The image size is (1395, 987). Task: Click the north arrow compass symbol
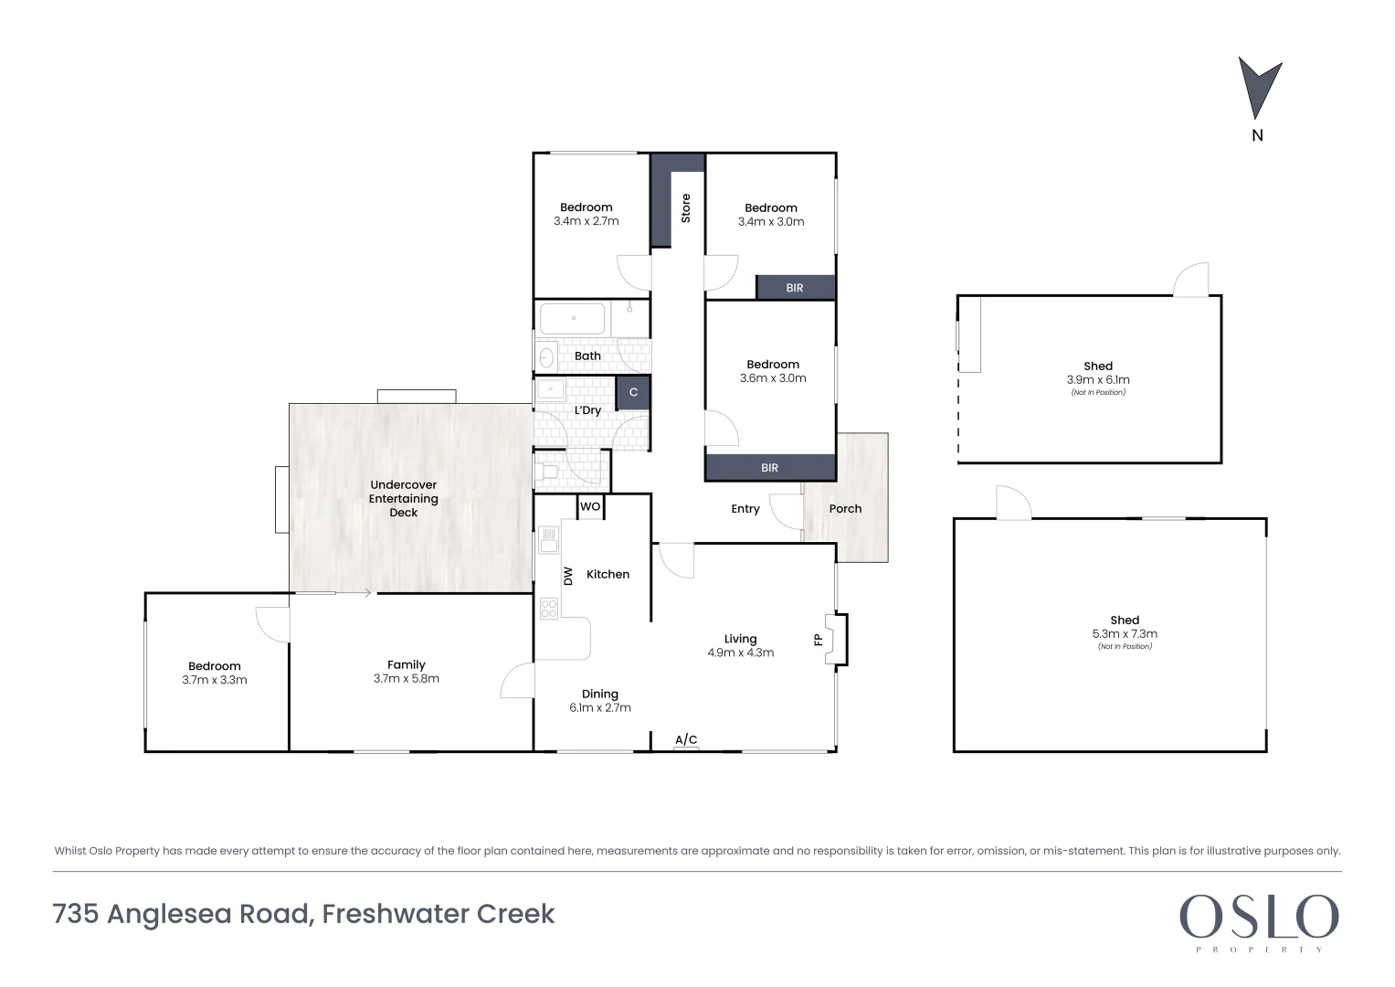(1259, 88)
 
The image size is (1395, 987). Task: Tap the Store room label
(685, 207)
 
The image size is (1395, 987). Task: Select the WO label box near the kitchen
(590, 506)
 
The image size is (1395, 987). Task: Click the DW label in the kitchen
(567, 576)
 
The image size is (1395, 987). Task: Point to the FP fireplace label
(819, 639)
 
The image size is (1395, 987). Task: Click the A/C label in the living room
(686, 739)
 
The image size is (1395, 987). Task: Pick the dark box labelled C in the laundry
(633, 392)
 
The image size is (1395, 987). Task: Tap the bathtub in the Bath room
(573, 319)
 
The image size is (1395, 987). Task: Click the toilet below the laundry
(547, 472)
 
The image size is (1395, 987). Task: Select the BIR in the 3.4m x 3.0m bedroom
(795, 288)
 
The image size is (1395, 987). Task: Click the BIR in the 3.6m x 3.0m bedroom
(770, 468)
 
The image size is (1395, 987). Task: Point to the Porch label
(845, 509)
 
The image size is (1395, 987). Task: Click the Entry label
(745, 509)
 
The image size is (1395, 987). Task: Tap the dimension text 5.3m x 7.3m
(1125, 633)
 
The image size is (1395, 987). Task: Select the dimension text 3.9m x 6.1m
(1098, 379)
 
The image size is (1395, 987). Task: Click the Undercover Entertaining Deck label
(403, 499)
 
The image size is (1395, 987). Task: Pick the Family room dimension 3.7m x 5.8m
(407, 679)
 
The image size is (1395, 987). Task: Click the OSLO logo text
(1258, 917)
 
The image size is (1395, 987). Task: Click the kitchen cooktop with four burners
(548, 608)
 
